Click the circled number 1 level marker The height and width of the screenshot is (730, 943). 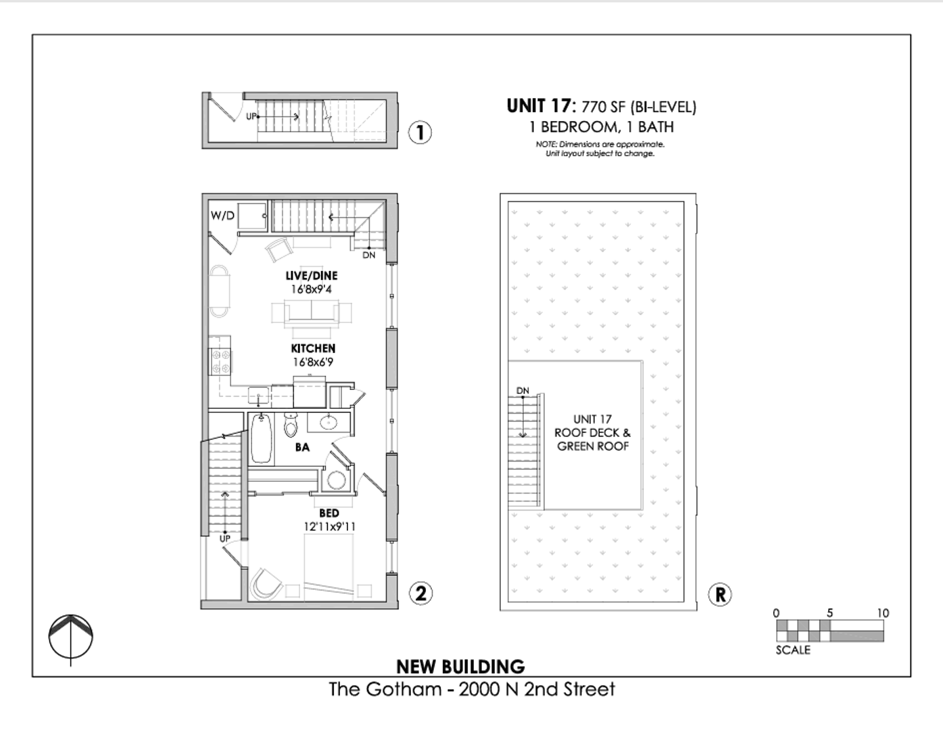pos(420,132)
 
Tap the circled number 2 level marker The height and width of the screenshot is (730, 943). pos(420,593)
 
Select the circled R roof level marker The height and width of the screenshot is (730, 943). pos(720,594)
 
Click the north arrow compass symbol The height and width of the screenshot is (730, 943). pos(70,637)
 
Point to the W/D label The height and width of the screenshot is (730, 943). pos(222,216)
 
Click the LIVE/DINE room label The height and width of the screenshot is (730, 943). pos(311,276)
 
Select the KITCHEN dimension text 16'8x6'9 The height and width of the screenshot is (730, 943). pos(313,362)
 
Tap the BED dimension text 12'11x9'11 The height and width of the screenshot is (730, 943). pos(329,527)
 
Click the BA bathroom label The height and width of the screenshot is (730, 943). pos(302,447)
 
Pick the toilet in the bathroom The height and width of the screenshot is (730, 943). pos(291,425)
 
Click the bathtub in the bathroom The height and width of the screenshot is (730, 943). pos(262,439)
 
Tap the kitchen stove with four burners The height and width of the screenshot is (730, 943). pos(220,361)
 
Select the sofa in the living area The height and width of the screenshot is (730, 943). pos(312,314)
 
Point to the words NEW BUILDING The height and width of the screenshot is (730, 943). pos(460,667)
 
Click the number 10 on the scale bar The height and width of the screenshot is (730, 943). pos(883,613)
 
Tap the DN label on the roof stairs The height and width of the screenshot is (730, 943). pos(523,391)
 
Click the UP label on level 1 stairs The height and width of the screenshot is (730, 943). pos(251,116)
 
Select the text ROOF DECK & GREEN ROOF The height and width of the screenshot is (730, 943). pos(593,439)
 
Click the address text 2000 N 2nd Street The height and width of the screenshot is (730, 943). pos(537,689)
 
